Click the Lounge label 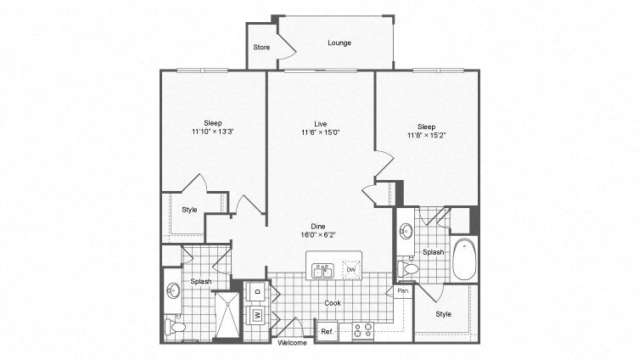coord(339,42)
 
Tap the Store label coord(261,47)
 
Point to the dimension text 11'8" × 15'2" coord(426,134)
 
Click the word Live coord(320,123)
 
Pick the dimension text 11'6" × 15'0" coord(320,132)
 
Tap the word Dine coord(319,225)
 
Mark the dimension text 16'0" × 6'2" coord(319,234)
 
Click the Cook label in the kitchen coord(333,302)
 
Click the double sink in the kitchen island coord(322,271)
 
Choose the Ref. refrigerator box coord(327,331)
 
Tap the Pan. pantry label coord(403,291)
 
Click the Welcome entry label coord(292,343)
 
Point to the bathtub coord(465,260)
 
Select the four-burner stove coord(363,329)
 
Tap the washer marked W coord(257,316)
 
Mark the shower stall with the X coord(225,316)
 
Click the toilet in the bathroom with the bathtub coord(408,269)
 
